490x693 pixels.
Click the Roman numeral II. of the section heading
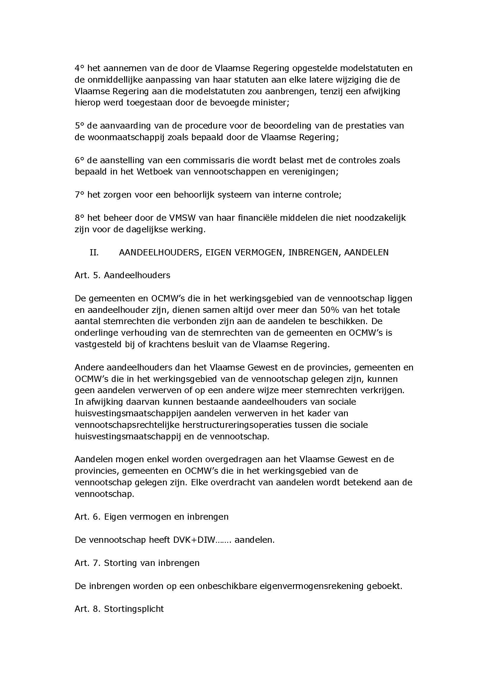pos(94,253)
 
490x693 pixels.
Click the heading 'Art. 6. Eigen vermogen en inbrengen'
pos(151,517)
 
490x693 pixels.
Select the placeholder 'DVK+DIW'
pos(194,540)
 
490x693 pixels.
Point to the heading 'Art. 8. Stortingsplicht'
pos(119,609)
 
